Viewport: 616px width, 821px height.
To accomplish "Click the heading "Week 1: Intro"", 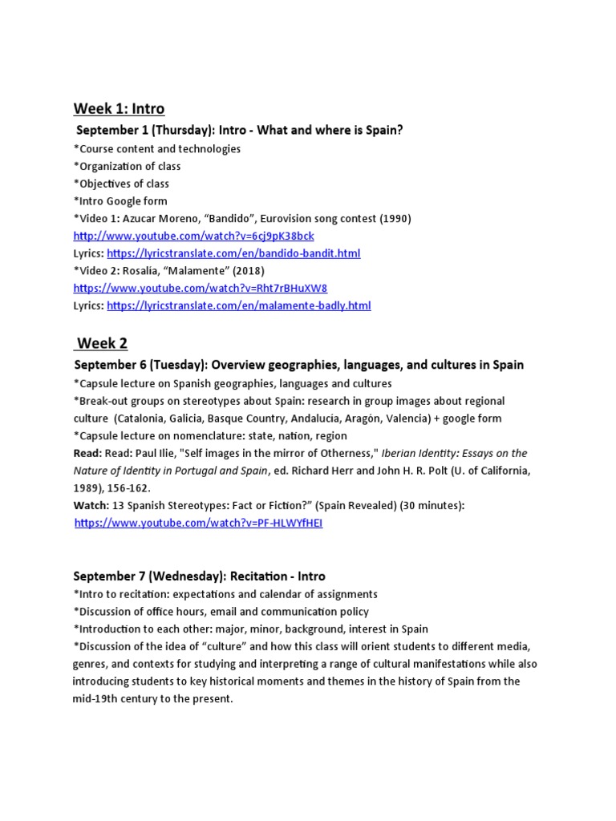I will click(119, 108).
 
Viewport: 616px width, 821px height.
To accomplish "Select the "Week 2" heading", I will click(101, 343).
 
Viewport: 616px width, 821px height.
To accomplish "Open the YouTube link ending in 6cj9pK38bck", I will click(193, 236).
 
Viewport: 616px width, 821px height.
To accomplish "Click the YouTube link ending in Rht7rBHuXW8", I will click(200, 288).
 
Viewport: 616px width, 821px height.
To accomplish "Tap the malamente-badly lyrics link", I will click(238, 305).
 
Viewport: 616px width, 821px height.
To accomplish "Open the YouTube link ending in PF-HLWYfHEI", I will click(198, 523).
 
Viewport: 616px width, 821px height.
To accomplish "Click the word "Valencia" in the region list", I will click(446, 418).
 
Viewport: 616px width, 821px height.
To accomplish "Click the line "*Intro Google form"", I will click(120, 200).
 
